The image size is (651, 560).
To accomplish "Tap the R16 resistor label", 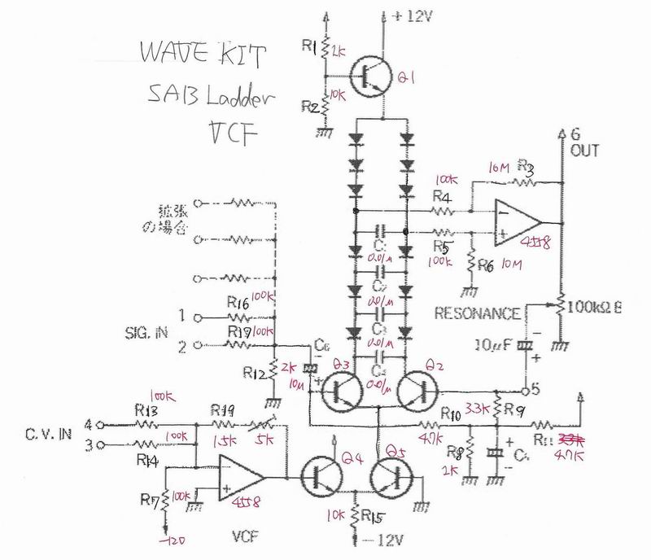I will [x=238, y=304].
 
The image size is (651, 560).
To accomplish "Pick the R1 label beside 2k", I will [x=309, y=49].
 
